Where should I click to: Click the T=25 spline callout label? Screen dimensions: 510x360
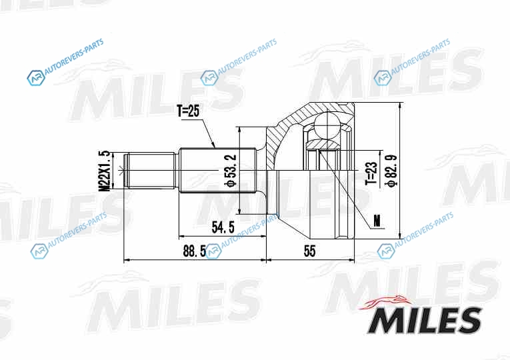(x=188, y=111)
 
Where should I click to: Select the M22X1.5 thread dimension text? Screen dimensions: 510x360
(x=105, y=171)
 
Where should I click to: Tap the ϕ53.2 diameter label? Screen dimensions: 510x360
(x=230, y=171)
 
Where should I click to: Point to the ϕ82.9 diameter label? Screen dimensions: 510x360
(x=391, y=171)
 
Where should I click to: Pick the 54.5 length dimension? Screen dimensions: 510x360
(x=223, y=227)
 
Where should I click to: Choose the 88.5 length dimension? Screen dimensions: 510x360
(x=195, y=251)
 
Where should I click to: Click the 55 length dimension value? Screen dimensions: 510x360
(x=309, y=251)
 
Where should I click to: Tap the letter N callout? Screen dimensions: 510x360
(x=377, y=221)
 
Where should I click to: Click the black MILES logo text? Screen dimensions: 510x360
(x=424, y=320)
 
